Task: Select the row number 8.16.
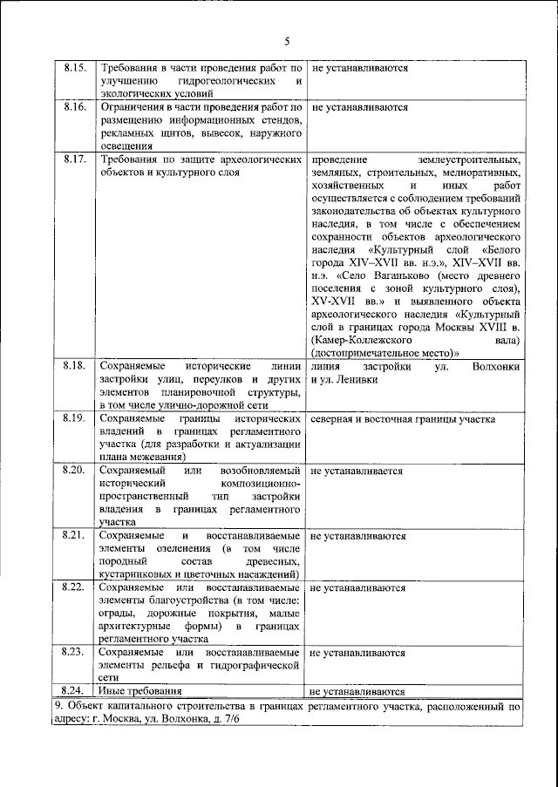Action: click(75, 108)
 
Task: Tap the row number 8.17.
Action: click(75, 160)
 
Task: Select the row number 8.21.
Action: click(75, 535)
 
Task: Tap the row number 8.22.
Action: click(75, 587)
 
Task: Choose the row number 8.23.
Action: click(75, 652)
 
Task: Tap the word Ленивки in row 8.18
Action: click(366, 381)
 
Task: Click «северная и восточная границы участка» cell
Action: click(403, 419)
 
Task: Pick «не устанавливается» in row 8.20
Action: click(356, 471)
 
